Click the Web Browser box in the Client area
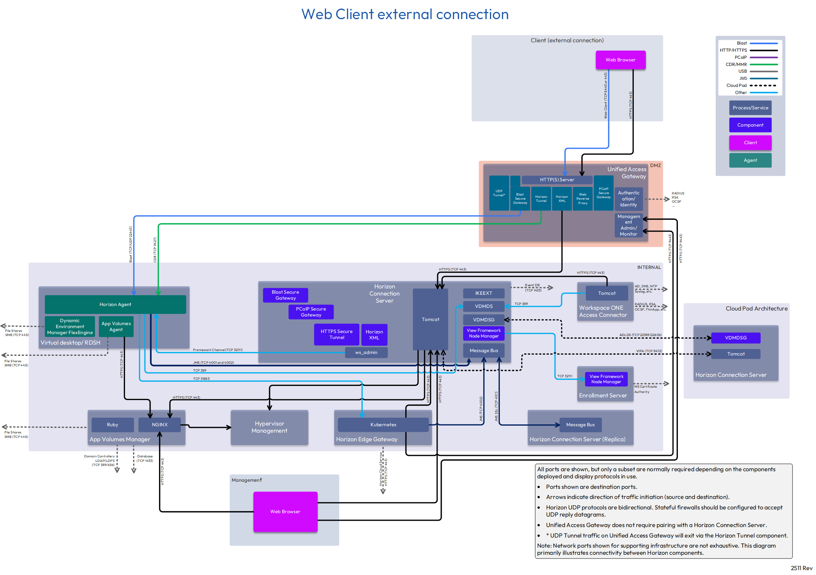pyautogui.click(x=620, y=60)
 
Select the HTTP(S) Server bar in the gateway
pyautogui.click(x=557, y=180)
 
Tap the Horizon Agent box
pyautogui.click(x=115, y=305)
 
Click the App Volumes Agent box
pyautogui.click(x=116, y=327)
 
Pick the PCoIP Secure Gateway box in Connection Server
pyautogui.click(x=311, y=312)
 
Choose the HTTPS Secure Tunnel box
pyautogui.click(x=337, y=335)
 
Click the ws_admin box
pyautogui.click(x=366, y=352)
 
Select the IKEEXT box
pyautogui.click(x=484, y=293)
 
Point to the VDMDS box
pyautogui.click(x=484, y=306)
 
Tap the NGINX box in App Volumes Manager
pyautogui.click(x=159, y=425)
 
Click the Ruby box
pyautogui.click(x=112, y=425)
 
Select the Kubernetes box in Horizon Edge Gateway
pyautogui.click(x=383, y=425)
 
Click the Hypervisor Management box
pyautogui.click(x=269, y=427)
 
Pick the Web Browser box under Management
pyautogui.click(x=285, y=512)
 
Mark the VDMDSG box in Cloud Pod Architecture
pyautogui.click(x=736, y=338)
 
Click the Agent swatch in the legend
pyautogui.click(x=750, y=160)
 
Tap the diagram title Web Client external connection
pyautogui.click(x=405, y=14)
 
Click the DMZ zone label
pyautogui.click(x=655, y=166)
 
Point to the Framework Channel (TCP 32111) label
pyautogui.click(x=217, y=350)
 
